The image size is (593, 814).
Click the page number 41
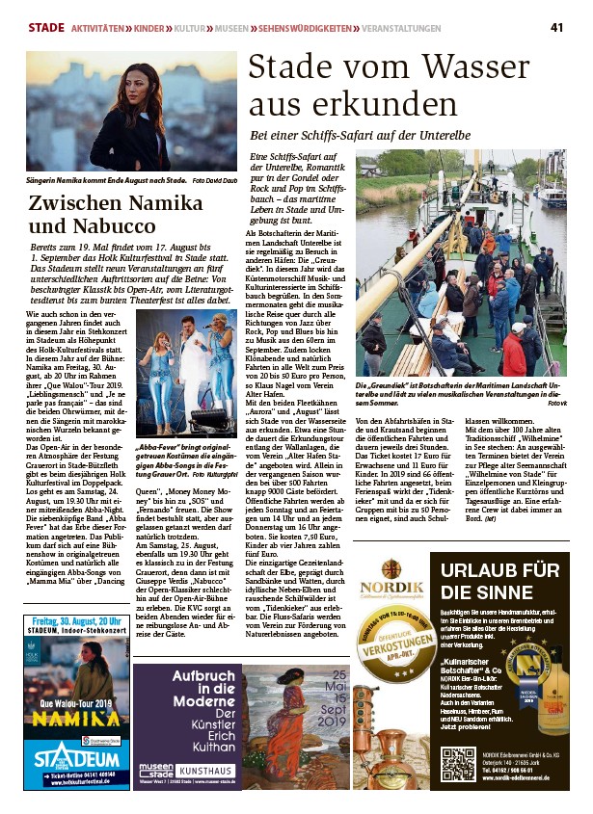556,26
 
